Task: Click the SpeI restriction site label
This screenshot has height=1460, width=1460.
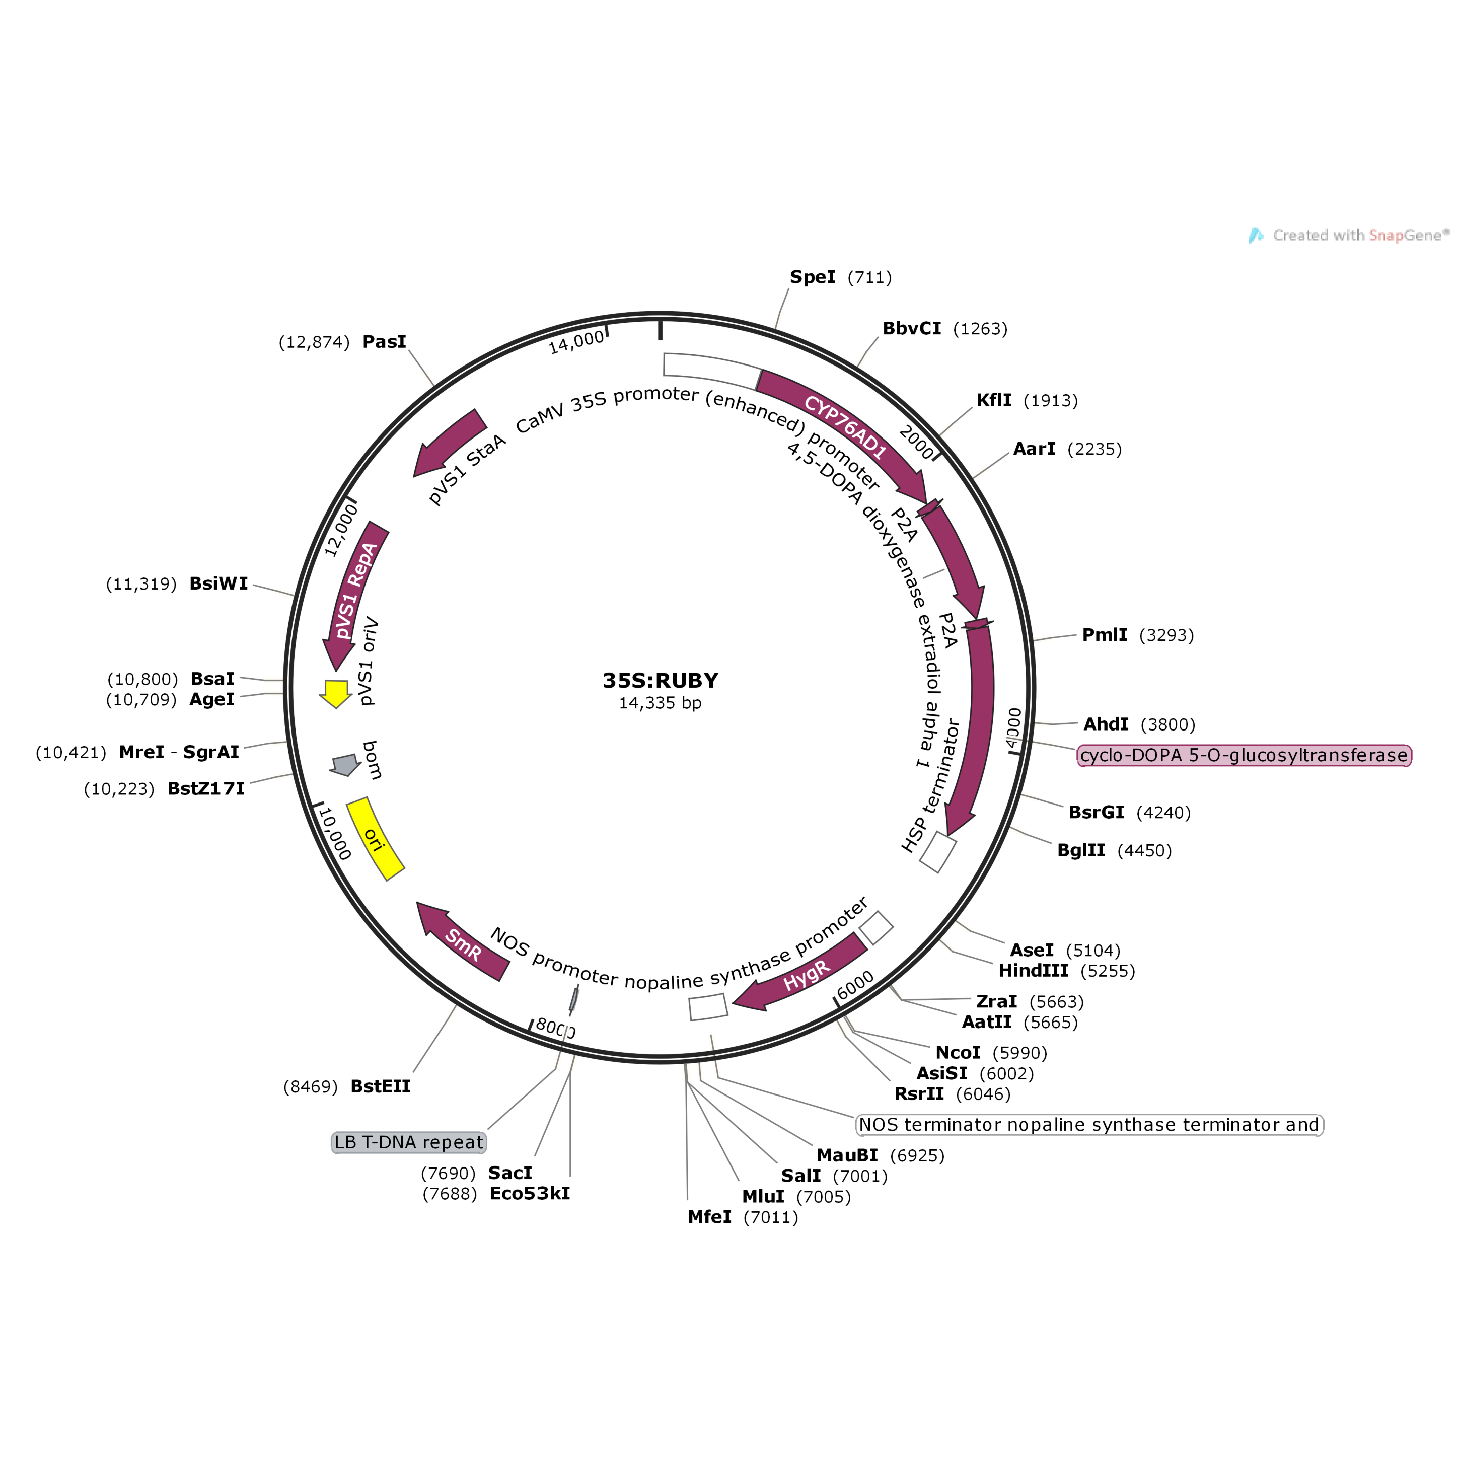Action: pos(813,277)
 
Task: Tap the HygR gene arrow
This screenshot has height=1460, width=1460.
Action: pos(806,974)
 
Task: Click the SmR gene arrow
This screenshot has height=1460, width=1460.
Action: pos(463,944)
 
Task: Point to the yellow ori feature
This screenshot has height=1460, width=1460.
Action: pos(375,839)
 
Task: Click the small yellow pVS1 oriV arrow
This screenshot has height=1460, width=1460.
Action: pos(335,692)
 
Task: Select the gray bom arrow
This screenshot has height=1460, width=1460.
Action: pos(344,765)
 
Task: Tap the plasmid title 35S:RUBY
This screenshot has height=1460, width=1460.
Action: pos(660,681)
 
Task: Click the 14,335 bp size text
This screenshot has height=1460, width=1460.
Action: pos(660,703)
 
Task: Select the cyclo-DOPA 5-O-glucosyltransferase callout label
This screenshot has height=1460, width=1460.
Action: pos(1244,756)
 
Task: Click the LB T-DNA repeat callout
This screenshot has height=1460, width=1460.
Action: pos(409,1142)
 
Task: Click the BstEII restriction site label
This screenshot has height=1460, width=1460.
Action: pos(380,1086)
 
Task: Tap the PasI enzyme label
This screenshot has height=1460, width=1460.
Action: pos(384,341)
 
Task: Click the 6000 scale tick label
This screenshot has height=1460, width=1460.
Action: pos(855,985)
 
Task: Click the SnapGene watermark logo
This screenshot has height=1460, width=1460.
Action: pos(1256,236)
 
